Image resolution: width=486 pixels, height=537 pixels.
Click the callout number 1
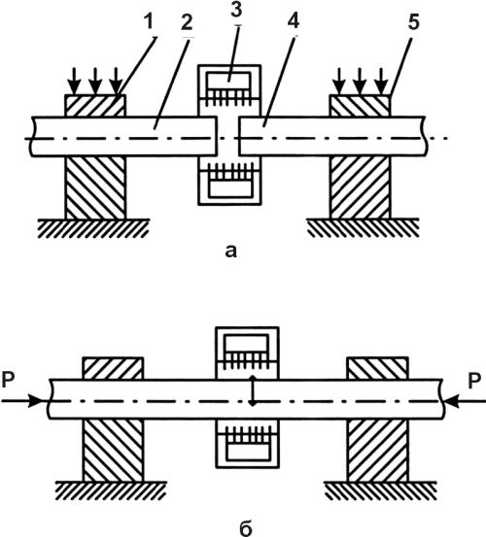[148, 22]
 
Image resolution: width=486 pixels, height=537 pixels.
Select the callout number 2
[187, 22]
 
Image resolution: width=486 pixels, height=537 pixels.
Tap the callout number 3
[236, 11]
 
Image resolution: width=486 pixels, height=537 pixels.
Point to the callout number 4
[293, 21]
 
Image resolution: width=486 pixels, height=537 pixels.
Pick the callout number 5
[414, 22]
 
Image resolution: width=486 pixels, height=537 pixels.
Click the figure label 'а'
[231, 252]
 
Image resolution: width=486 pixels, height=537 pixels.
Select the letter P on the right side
[474, 381]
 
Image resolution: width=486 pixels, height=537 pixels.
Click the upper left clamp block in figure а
[95, 106]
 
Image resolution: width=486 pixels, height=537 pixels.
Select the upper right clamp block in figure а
[360, 106]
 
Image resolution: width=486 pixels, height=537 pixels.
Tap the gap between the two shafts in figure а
[227, 136]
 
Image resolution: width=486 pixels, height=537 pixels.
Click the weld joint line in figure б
[253, 390]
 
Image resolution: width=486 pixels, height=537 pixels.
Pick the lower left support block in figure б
[113, 450]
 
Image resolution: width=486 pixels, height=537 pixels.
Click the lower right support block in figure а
[360, 187]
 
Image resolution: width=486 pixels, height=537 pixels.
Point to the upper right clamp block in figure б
[377, 368]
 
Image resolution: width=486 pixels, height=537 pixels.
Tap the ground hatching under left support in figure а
[93, 228]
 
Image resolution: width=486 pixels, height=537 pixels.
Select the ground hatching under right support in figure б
[380, 490]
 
